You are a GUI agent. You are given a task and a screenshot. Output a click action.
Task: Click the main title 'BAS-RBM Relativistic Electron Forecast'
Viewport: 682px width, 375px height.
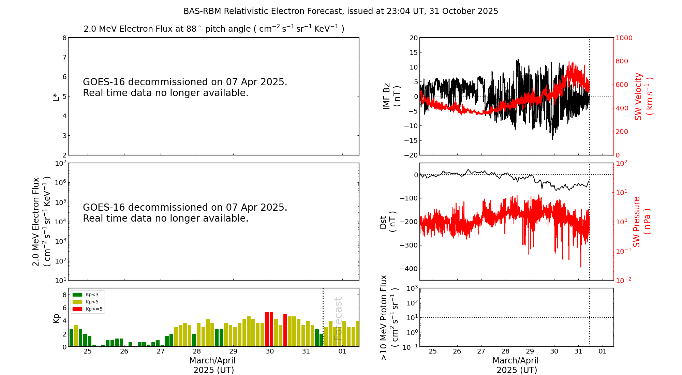coord(340,11)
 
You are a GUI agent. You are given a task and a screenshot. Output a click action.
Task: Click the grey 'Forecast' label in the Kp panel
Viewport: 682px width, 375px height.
coord(338,318)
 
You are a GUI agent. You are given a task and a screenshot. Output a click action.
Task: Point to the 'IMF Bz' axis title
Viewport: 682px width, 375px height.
coord(387,96)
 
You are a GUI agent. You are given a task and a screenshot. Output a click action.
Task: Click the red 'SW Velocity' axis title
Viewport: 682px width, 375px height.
coord(638,96)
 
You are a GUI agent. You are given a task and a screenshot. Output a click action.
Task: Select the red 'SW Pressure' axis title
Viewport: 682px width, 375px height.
coord(637,222)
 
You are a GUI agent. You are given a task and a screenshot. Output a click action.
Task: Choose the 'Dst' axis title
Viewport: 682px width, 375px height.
coord(383,222)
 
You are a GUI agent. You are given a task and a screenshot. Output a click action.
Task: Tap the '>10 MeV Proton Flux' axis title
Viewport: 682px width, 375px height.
coord(384,317)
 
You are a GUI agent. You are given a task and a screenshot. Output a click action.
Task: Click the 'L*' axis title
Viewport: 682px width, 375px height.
coord(56,96)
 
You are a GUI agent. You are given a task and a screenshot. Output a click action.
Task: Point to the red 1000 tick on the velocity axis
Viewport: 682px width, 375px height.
coord(624,38)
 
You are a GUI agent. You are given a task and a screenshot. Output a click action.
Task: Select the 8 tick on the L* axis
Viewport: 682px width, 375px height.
coord(64,38)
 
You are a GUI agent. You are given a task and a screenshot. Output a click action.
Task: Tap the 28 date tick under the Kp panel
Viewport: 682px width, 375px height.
coord(197,351)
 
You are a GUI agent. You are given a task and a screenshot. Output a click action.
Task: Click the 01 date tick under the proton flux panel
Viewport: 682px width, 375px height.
coord(603,351)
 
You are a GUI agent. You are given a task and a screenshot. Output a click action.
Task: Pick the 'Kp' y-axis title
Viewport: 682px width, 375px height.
coord(56,318)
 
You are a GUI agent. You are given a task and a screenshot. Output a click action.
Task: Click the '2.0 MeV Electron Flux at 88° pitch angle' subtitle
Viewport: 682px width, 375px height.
coord(214,29)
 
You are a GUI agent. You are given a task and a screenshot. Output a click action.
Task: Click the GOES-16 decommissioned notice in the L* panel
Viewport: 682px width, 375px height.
coord(185,87)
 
